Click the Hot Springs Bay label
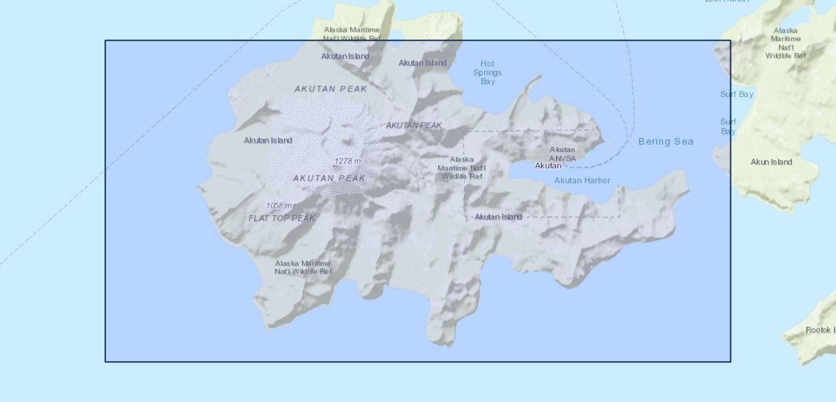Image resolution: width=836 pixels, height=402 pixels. (488, 73)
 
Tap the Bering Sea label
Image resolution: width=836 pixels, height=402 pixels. (666, 141)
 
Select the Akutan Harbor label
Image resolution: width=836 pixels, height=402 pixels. (582, 180)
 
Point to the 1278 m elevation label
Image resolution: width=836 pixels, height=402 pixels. (348, 161)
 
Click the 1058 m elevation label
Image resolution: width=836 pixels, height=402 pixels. (279, 206)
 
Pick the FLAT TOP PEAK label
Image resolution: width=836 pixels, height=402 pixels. (282, 218)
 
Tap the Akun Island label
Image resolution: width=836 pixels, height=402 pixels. (771, 162)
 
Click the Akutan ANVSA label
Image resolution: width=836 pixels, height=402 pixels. (563, 154)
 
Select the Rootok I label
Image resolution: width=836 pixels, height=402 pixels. (820, 330)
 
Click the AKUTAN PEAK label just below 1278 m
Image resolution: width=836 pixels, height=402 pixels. (330, 178)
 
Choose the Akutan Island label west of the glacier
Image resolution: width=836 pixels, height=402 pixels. (268, 141)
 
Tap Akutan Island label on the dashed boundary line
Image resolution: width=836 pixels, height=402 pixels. (498, 217)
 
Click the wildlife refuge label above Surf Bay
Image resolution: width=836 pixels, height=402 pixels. (786, 43)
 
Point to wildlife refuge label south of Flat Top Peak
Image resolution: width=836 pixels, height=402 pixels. (303, 267)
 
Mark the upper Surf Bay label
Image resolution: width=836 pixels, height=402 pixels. (737, 94)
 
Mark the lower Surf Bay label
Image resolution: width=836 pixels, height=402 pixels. (728, 127)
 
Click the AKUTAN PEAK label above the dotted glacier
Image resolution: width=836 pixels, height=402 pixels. (331, 88)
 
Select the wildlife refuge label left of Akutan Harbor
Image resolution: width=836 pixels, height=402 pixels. (462, 168)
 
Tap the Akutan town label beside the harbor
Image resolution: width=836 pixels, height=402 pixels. (548, 165)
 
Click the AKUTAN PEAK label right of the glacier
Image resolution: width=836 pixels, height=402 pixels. (414, 125)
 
